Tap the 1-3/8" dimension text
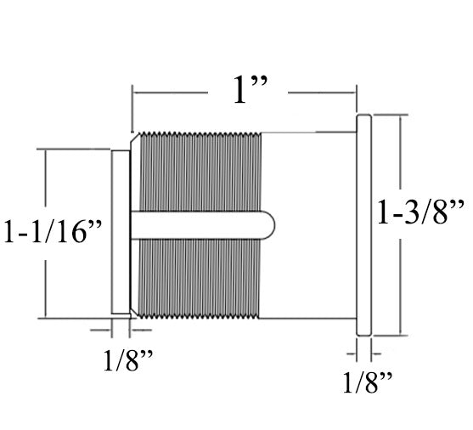pos(422,209)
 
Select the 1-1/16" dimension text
pos(53,231)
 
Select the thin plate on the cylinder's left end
pos(121,231)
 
